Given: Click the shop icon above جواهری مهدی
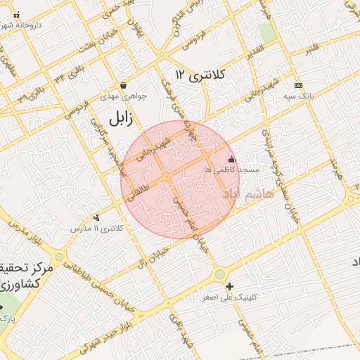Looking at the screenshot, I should tap(124, 86).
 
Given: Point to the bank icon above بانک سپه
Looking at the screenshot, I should tap(297, 84).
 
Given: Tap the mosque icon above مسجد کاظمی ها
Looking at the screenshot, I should tap(231, 160).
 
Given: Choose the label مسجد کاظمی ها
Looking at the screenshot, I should tap(231, 170).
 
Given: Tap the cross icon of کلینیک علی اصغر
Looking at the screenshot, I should tap(229, 286).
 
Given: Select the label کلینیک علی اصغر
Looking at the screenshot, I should tap(230, 297).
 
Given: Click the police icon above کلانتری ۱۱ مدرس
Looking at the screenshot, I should tap(96, 217).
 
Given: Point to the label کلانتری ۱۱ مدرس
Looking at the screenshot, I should tap(96, 229).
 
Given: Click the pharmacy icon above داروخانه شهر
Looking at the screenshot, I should tap(17, 15).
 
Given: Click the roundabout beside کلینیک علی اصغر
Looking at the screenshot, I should tap(220, 274).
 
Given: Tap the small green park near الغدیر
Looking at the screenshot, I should tap(266, 32).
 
